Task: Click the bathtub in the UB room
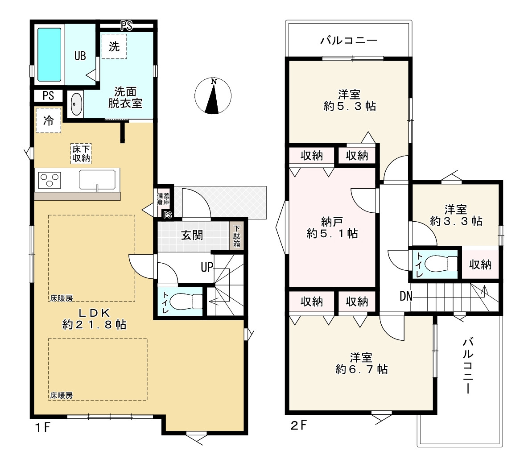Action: pyautogui.click(x=49, y=54)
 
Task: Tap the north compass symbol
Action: pyautogui.click(x=213, y=96)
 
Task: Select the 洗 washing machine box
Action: pyautogui.click(x=114, y=46)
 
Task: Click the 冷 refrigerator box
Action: pyautogui.click(x=49, y=120)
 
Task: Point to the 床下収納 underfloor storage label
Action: pyautogui.click(x=81, y=154)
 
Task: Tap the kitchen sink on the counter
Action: pyautogui.click(x=97, y=180)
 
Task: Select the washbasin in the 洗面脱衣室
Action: pyautogui.click(x=77, y=104)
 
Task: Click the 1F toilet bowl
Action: pyautogui.click(x=186, y=302)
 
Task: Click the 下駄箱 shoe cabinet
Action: pyautogui.click(x=237, y=236)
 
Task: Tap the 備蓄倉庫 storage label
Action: pyautogui.click(x=163, y=199)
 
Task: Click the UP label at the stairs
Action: pyautogui.click(x=207, y=267)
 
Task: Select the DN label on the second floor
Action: pyautogui.click(x=406, y=296)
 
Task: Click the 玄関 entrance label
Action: pyautogui.click(x=192, y=235)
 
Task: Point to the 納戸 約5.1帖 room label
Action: pyautogui.click(x=332, y=227)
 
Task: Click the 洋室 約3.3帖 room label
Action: pyautogui.click(x=456, y=215)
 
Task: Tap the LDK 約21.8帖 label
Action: pyautogui.click(x=94, y=319)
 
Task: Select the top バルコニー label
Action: pyautogui.click(x=349, y=41)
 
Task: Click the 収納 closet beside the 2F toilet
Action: pyautogui.click(x=480, y=264)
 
